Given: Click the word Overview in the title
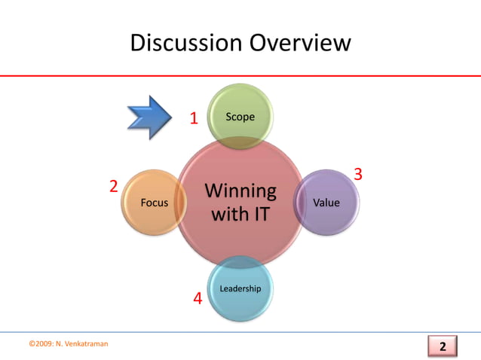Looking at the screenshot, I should click(296, 43).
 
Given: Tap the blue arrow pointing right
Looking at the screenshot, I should click(152, 117).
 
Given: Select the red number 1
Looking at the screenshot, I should click(194, 118).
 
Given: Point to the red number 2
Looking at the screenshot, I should click(113, 186).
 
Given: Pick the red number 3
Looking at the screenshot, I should click(358, 175).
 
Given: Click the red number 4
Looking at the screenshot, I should click(198, 299).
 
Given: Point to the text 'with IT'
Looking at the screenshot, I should click(240, 215).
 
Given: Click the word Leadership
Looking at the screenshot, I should click(240, 289).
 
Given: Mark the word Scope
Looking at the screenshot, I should click(240, 117).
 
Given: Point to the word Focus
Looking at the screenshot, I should click(155, 203).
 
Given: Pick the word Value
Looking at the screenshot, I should click(326, 203).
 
